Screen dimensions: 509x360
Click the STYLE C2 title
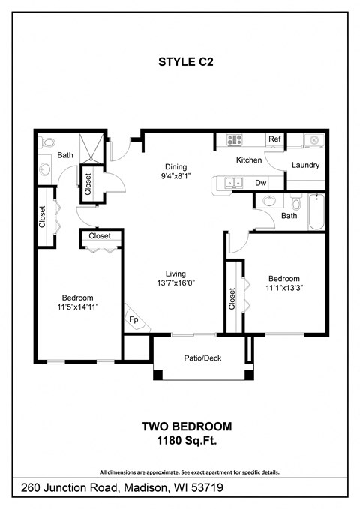pyautogui.click(x=187, y=64)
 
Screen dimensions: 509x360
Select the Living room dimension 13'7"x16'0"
pyautogui.click(x=175, y=284)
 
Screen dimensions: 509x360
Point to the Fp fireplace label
pyautogui.click(x=133, y=319)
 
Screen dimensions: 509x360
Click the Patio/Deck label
pyautogui.click(x=202, y=358)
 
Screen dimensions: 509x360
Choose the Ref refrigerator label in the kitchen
pyautogui.click(x=274, y=139)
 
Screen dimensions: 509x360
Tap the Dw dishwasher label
pyautogui.click(x=260, y=182)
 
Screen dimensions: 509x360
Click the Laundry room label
pyautogui.click(x=305, y=165)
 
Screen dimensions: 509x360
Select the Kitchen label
pyautogui.click(x=249, y=160)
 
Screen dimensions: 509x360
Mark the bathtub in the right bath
pyautogui.click(x=317, y=212)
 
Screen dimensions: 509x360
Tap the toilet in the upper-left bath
pyautogui.click(x=47, y=142)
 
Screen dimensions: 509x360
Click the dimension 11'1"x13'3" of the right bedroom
pyautogui.click(x=284, y=287)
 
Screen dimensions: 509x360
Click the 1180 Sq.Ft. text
pyautogui.click(x=187, y=442)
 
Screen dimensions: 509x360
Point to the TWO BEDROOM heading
pyautogui.click(x=187, y=427)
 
